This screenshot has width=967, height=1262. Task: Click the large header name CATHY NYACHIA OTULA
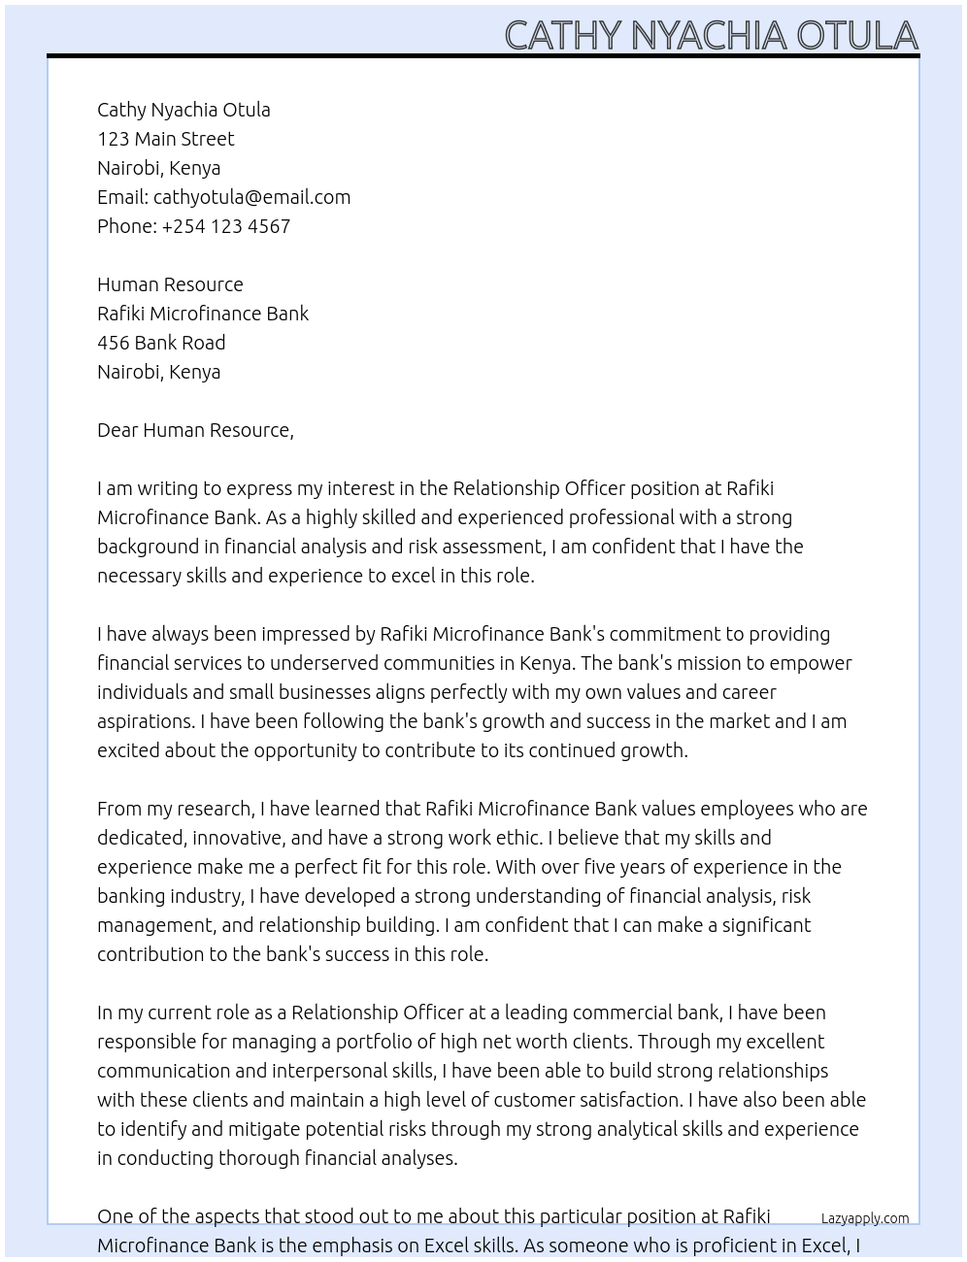pyautogui.click(x=711, y=35)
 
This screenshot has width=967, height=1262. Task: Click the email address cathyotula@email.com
pyautogui.click(x=251, y=197)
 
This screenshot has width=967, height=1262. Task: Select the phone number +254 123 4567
pyautogui.click(x=225, y=226)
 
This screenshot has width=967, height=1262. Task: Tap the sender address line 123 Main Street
pyautogui.click(x=165, y=139)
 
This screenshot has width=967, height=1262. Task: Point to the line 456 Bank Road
pyautogui.click(x=161, y=343)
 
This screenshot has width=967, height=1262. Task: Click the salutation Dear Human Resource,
pyautogui.click(x=195, y=430)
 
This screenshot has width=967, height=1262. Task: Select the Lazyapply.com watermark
pyautogui.click(x=864, y=1218)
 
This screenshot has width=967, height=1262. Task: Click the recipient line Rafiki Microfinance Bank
pyautogui.click(x=203, y=314)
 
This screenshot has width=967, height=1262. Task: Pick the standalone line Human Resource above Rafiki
pyautogui.click(x=170, y=284)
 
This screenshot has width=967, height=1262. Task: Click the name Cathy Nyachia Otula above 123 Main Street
pyautogui.click(x=183, y=110)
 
